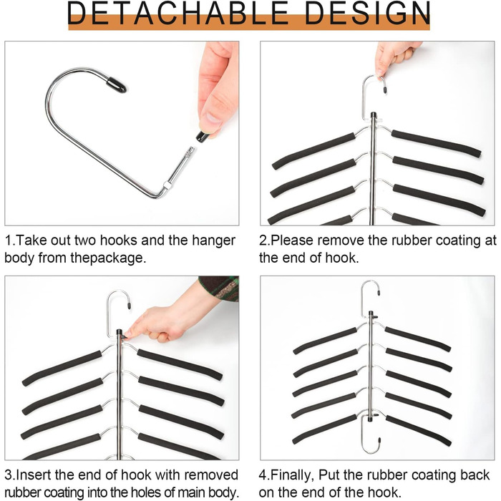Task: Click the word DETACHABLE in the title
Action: (x=178, y=14)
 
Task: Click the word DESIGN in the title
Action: (x=367, y=14)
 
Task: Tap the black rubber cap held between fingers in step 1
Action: (x=203, y=137)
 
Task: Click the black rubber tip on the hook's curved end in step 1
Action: (x=116, y=84)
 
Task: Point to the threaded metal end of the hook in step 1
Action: (x=187, y=157)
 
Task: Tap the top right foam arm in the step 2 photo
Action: (x=436, y=143)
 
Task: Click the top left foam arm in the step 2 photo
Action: (x=313, y=151)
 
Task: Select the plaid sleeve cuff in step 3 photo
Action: (x=220, y=288)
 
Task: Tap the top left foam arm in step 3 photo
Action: (x=62, y=368)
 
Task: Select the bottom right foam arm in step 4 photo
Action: (x=419, y=430)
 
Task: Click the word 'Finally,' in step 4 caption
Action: (x=291, y=475)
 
